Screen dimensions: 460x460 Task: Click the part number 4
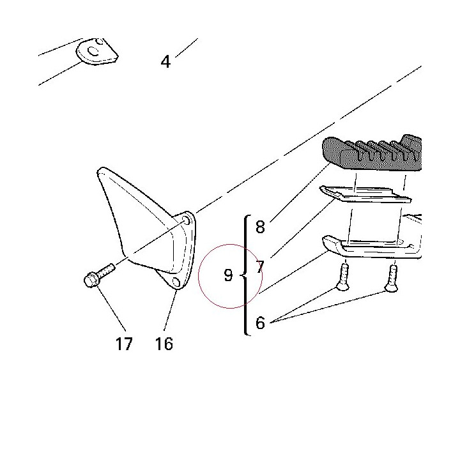pos(165,61)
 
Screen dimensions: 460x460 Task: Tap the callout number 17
pos(124,344)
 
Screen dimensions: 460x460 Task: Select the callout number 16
pos(164,344)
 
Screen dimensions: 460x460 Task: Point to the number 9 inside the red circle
pos(228,275)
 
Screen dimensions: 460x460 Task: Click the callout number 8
pos(260,227)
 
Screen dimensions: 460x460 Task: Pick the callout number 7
pos(260,266)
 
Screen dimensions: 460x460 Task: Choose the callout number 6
pos(260,323)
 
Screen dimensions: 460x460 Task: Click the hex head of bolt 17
pos(91,280)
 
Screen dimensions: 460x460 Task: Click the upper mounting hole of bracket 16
pos(186,220)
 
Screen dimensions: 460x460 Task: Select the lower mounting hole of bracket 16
pos(176,282)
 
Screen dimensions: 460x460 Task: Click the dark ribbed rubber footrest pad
pos(372,154)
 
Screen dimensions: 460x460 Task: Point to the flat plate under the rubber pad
pos(365,194)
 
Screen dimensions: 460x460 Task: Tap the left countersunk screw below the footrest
pos(344,277)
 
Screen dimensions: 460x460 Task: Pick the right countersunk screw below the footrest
pos(392,278)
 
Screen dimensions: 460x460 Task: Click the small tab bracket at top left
pos(97,52)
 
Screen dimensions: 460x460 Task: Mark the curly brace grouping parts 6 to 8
pos(245,275)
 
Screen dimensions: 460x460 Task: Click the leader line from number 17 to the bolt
pos(111,309)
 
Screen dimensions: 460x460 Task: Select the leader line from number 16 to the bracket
pos(171,310)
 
